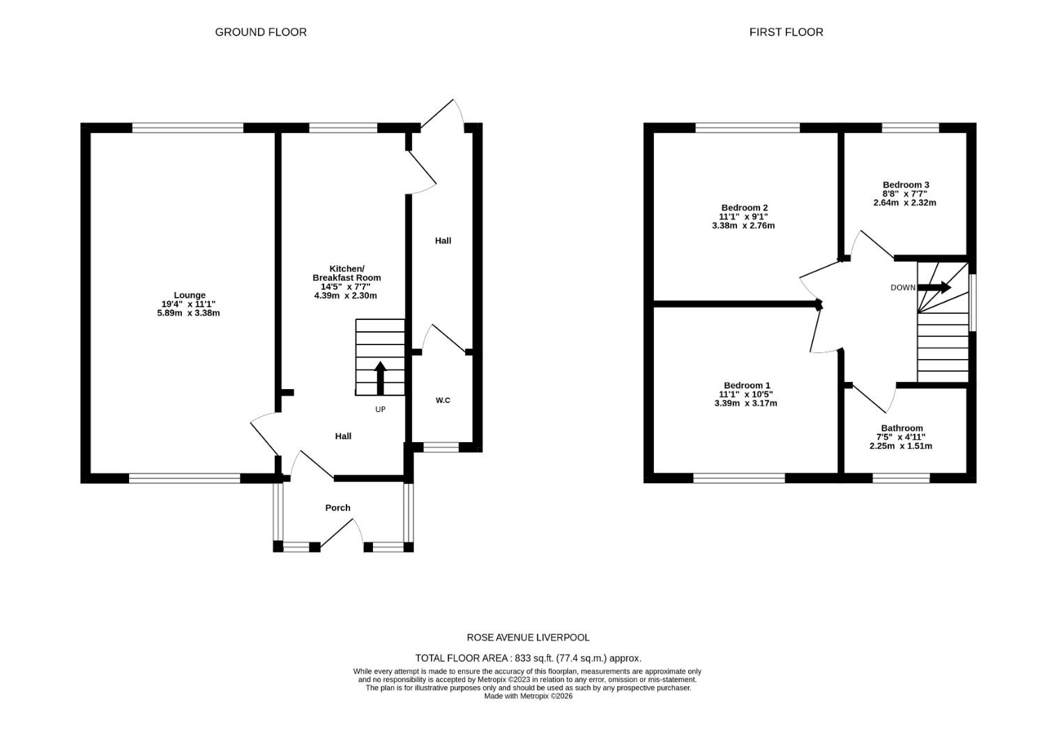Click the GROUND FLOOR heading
click(260, 32)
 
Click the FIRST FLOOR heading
click(786, 32)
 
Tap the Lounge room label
click(189, 295)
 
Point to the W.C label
click(443, 400)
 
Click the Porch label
click(337, 508)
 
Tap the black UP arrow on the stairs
click(380, 377)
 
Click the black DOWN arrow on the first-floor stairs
click(934, 287)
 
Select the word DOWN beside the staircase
click(902, 288)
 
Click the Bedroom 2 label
click(744, 208)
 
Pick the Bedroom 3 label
click(906, 185)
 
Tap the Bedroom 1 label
click(747, 386)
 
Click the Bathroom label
click(902, 428)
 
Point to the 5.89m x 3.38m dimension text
click(188, 313)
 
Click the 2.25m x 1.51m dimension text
click(901, 446)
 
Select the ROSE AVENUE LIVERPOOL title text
click(528, 637)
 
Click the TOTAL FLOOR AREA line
click(528, 657)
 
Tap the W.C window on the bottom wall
click(441, 447)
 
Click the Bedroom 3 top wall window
click(910, 128)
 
